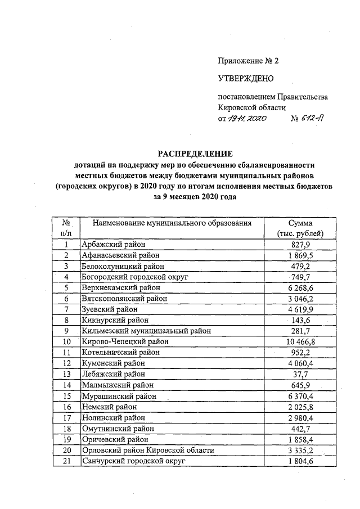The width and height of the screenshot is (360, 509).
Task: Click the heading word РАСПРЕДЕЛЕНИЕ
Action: coord(194,154)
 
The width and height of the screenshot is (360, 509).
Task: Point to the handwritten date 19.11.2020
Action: coord(246,119)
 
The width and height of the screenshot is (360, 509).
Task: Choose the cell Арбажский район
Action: coord(113,244)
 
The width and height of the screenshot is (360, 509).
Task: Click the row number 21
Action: coord(66,461)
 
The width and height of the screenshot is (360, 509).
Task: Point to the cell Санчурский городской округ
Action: coord(133,461)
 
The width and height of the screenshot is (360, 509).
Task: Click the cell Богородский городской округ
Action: coord(134,277)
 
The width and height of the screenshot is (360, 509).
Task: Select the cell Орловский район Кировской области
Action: coord(148,451)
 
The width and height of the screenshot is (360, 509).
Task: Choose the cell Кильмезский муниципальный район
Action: coord(146,331)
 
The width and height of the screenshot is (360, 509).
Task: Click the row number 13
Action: coord(66,374)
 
